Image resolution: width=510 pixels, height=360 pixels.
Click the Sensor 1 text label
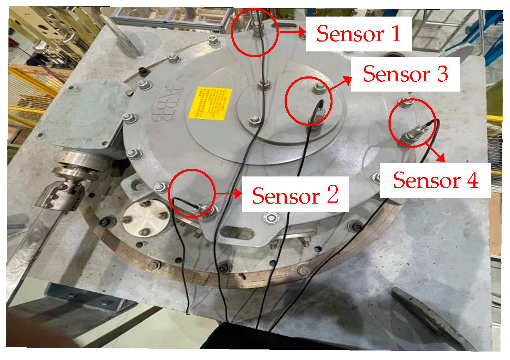pyautogui.click(x=359, y=34)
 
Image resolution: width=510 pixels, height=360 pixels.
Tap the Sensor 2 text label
pyautogui.click(x=295, y=195)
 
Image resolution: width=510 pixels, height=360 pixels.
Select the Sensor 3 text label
pyautogui.click(x=405, y=74)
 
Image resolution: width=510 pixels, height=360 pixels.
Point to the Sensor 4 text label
pyautogui.click(x=435, y=180)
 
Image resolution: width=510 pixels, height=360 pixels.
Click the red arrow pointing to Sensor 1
pyautogui.click(x=292, y=32)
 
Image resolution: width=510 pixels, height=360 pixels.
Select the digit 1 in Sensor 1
pyautogui.click(x=396, y=34)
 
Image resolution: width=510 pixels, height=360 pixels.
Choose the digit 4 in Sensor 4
pyautogui.click(x=472, y=180)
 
